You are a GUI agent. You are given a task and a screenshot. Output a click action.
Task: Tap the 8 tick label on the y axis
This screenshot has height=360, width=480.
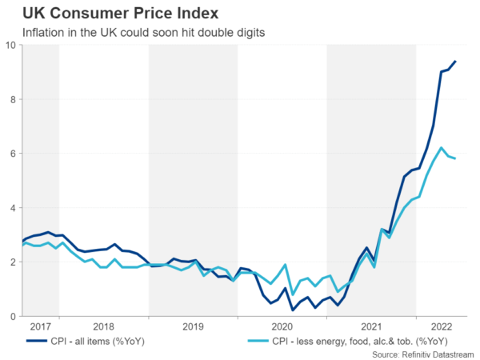(12, 100)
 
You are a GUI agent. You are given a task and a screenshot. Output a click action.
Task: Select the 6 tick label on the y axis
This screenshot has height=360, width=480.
(12, 154)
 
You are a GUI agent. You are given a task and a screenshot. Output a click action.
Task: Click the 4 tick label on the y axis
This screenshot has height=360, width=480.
(12, 208)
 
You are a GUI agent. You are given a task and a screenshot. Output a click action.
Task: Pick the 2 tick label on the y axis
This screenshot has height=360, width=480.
(12, 262)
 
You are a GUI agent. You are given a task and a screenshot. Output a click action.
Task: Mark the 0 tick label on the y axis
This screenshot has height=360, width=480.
(12, 317)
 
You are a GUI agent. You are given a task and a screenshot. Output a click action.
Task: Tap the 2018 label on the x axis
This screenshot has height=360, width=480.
(104, 327)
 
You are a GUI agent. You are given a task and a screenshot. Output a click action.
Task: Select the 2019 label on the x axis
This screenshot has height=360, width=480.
(193, 327)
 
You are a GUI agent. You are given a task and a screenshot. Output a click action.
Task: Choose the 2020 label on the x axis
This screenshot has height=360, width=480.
(282, 327)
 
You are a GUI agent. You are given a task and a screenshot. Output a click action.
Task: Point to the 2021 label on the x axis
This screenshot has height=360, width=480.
(371, 327)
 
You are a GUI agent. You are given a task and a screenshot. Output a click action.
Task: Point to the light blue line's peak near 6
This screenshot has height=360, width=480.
(441, 148)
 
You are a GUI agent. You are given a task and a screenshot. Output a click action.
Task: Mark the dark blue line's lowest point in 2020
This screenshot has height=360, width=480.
(293, 310)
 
